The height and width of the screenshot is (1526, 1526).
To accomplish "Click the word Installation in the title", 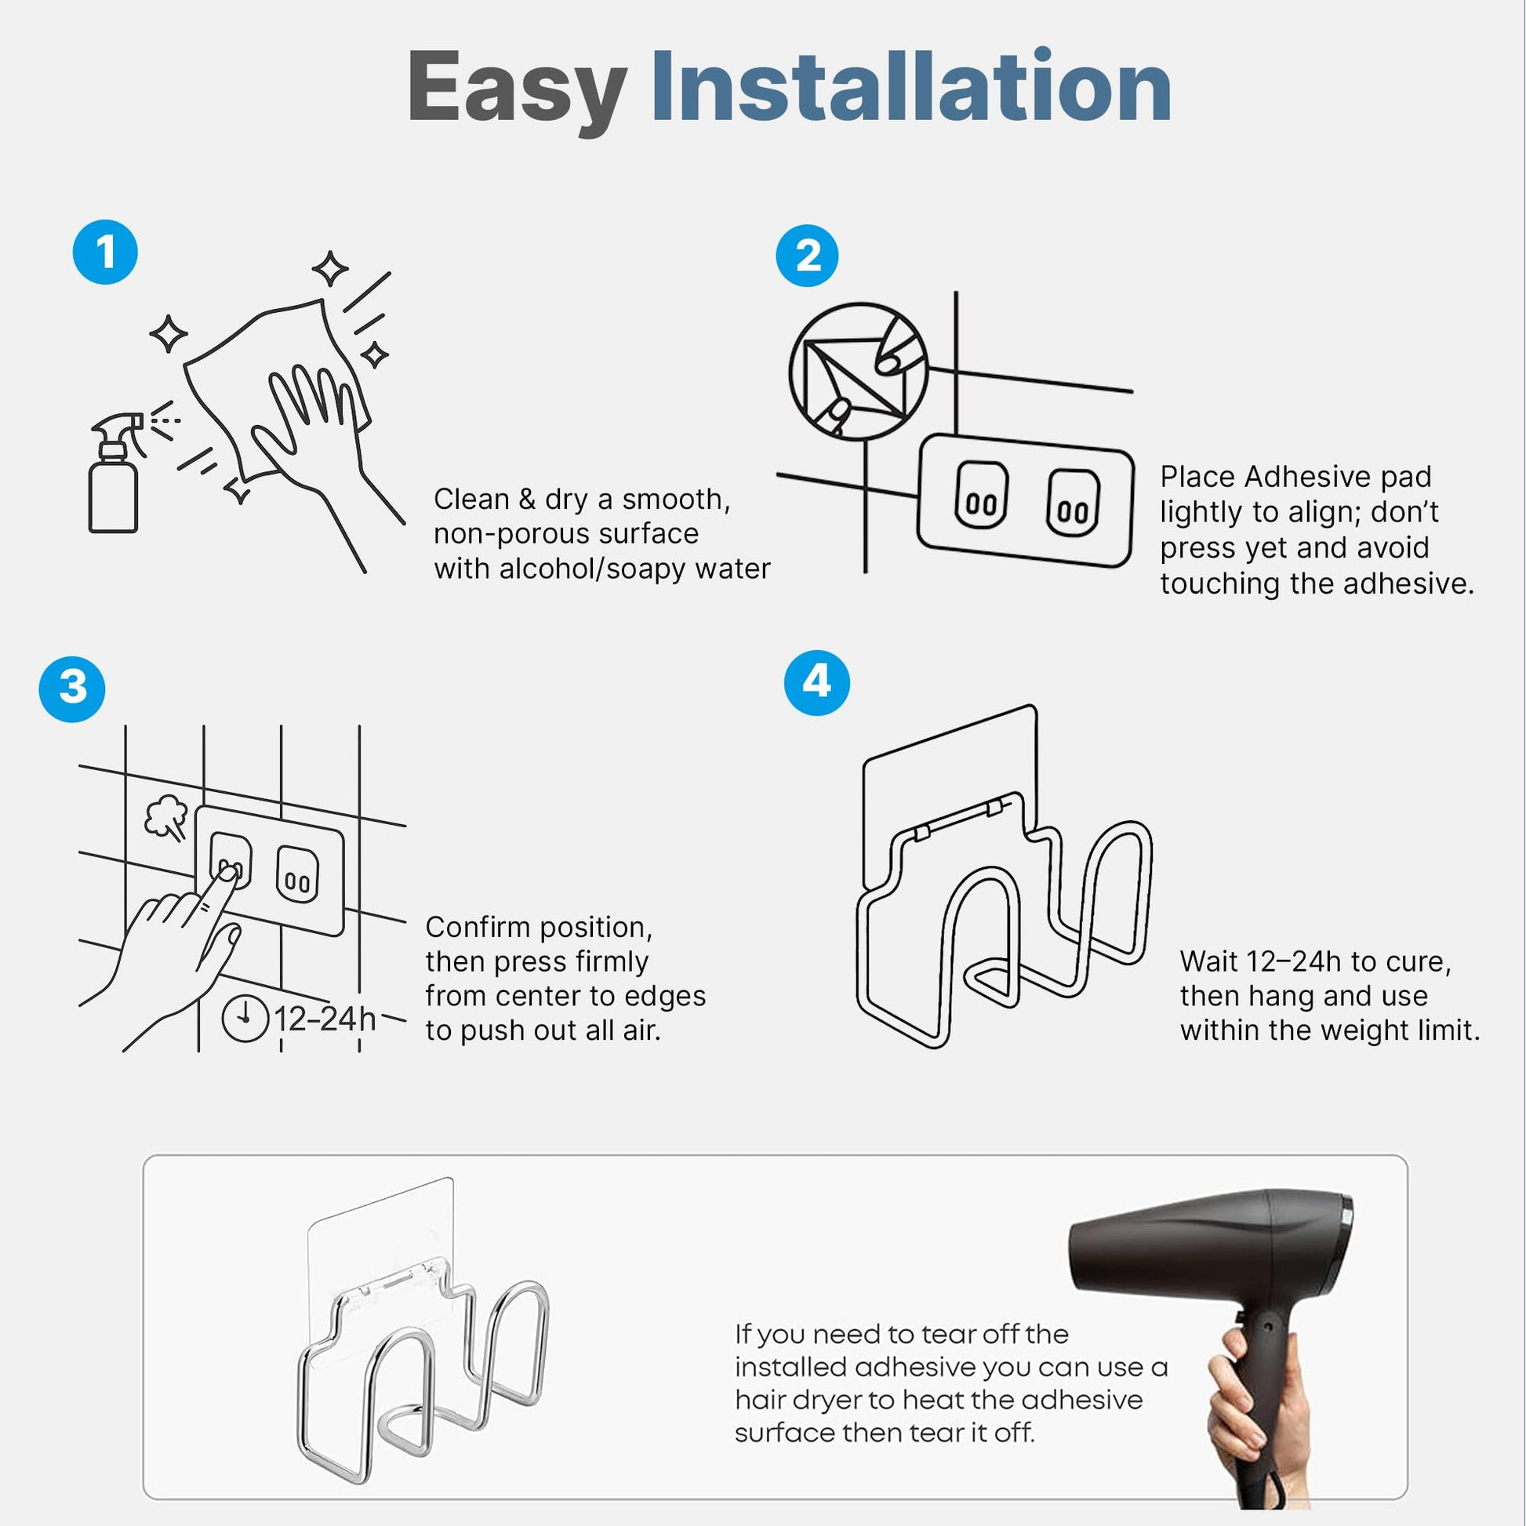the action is pos(911,85).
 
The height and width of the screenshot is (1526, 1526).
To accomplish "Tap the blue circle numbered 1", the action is pos(105,253).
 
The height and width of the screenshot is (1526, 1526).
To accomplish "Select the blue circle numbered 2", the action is pos(807,256).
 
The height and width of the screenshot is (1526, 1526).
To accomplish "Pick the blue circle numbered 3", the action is pos(73,689).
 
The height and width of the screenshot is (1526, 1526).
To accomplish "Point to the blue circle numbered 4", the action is pos(817,682).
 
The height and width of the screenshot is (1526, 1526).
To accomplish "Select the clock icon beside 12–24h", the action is pos(245,1019).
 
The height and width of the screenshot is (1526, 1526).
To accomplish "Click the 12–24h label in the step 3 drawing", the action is pos(325,1019).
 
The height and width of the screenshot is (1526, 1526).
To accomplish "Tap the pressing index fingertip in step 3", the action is pos(228,872).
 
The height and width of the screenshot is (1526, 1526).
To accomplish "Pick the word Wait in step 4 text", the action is pos(1208,961).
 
